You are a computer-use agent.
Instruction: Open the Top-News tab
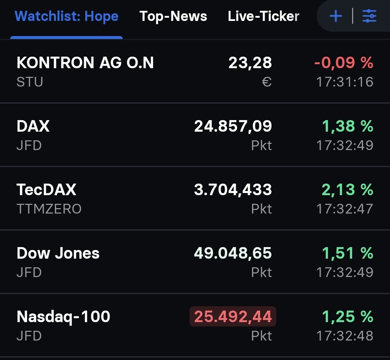coord(173,16)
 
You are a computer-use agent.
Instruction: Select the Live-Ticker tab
coord(264,16)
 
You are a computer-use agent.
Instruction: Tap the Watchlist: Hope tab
coord(67,16)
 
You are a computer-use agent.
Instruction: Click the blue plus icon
coord(336,16)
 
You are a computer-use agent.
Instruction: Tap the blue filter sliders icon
coord(369,16)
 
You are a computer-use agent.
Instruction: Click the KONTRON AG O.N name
coord(85,63)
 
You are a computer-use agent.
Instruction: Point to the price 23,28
coord(250,63)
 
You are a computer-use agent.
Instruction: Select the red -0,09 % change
coord(344,63)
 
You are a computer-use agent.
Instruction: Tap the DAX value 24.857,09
coord(233,126)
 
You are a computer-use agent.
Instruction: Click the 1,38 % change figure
coord(347,126)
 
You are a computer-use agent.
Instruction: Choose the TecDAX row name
coord(46,190)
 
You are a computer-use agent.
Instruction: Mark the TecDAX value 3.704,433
coord(233,190)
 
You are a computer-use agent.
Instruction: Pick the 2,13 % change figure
coord(347,190)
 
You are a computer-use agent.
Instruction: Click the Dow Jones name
coord(58,253)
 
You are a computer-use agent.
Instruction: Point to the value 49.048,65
coord(233,253)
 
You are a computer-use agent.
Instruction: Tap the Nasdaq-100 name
coord(63,317)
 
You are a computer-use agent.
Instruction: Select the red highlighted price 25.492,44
coord(233,317)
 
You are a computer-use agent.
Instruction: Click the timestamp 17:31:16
coord(345,82)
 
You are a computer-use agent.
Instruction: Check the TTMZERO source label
coord(49,209)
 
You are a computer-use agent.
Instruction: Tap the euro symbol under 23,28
coord(266,82)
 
